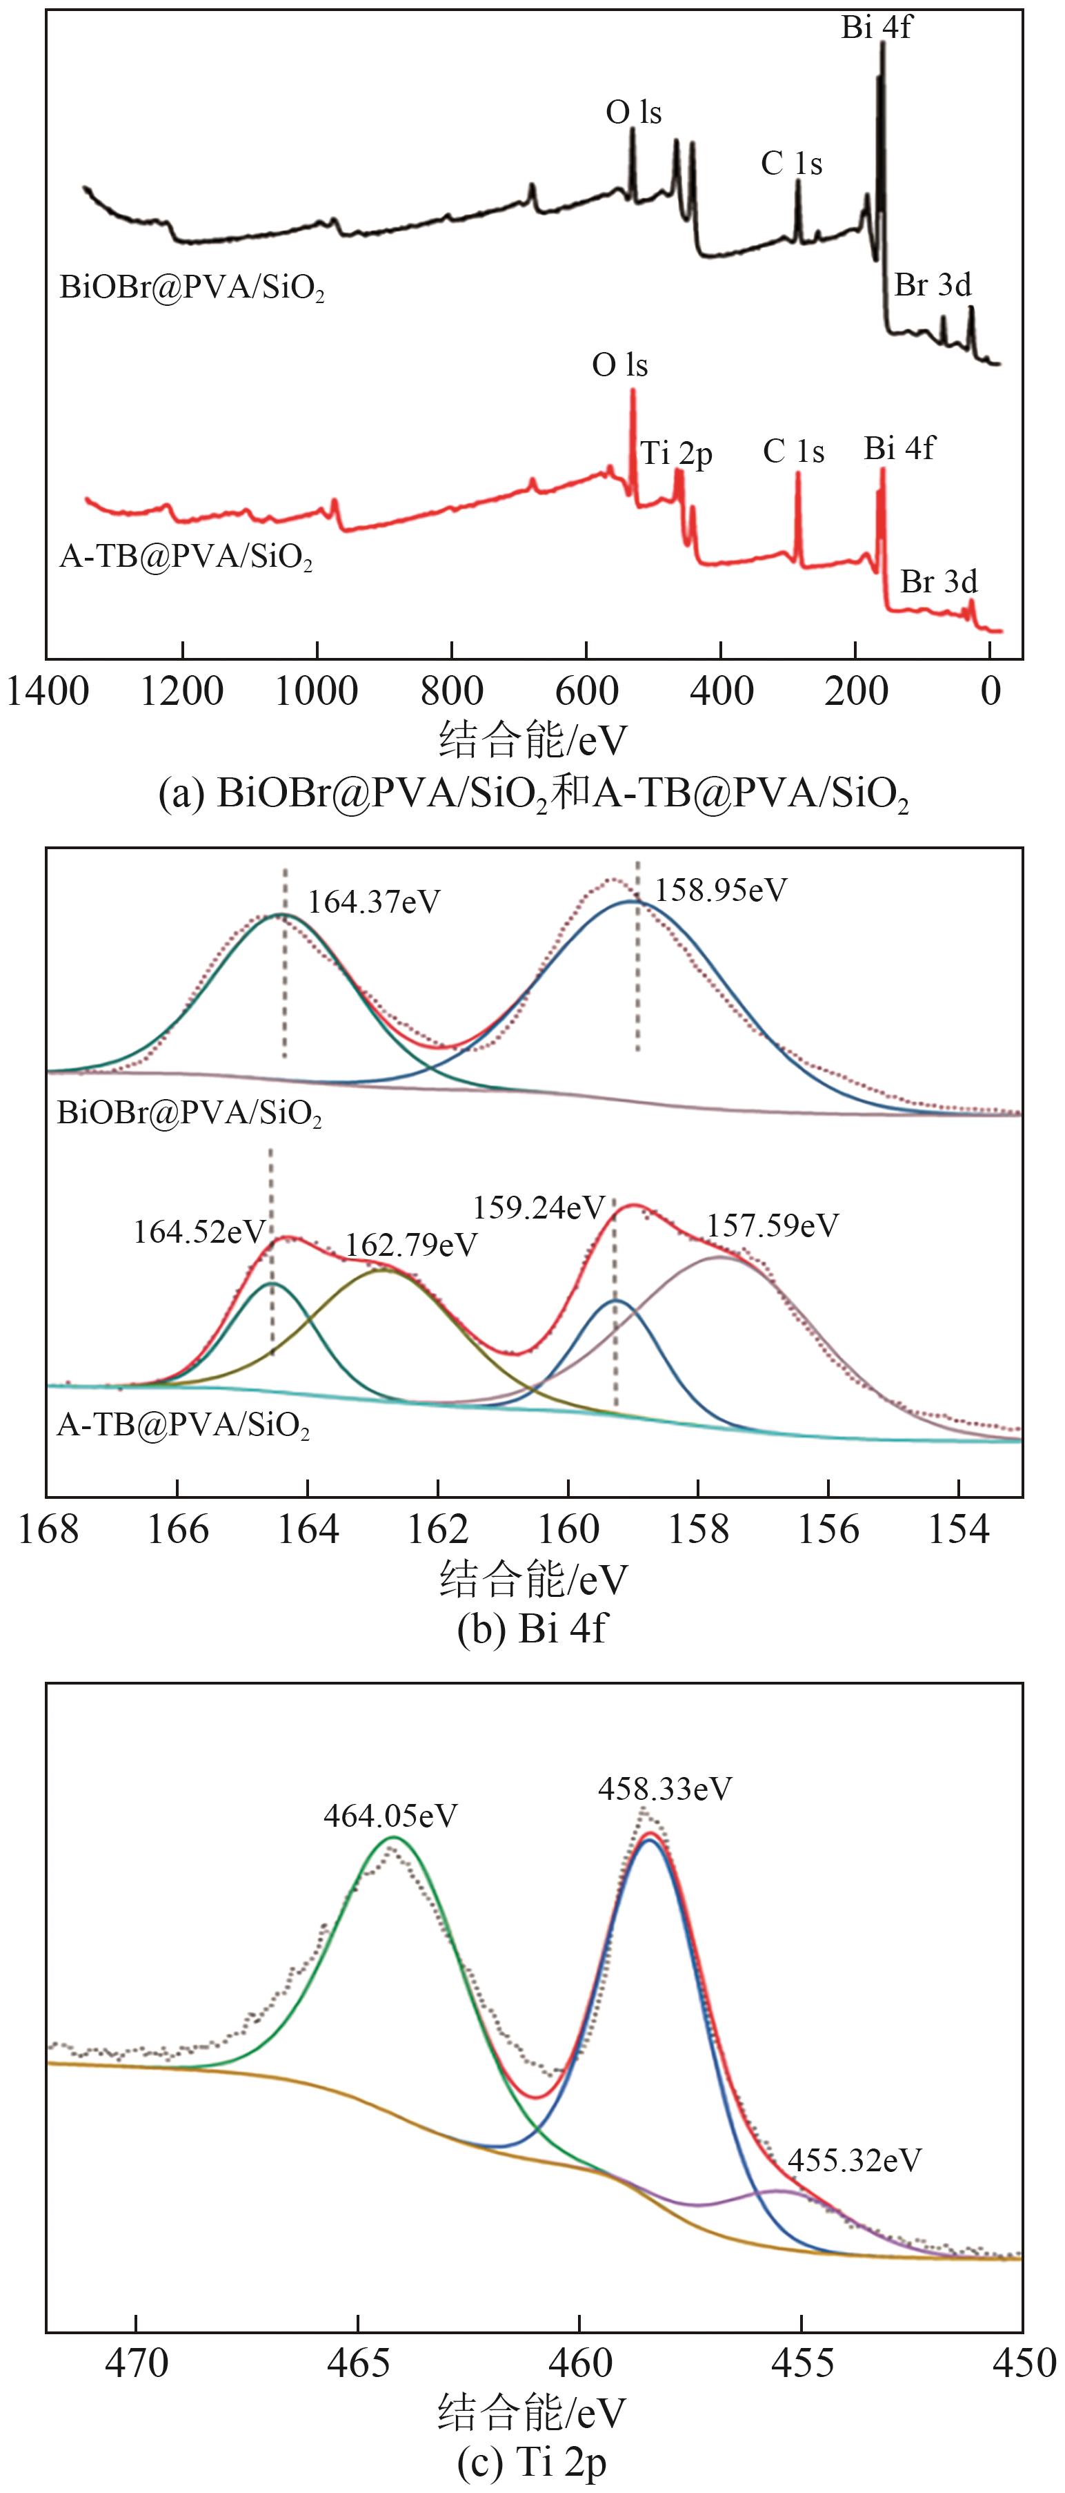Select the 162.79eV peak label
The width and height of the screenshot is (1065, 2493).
411,1245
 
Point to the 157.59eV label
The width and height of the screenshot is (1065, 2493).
772,1226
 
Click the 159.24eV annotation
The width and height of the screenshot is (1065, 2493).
539,1207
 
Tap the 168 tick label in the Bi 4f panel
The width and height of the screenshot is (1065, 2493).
48,1529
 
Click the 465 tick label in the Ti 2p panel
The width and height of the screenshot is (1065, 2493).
358,2363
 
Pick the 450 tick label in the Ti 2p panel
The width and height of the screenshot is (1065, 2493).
1024,2363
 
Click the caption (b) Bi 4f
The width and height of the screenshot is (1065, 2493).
532,1629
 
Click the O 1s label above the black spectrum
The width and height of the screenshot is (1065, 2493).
634,113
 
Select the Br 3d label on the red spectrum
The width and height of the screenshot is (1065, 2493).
938,581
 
